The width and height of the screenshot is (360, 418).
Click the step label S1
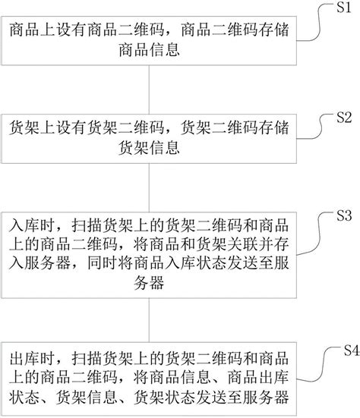pyautogui.click(x=341, y=8)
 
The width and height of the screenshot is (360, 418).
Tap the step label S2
pyautogui.click(x=343, y=118)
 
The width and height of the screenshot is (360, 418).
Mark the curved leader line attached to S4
pyautogui.click(x=319, y=357)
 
